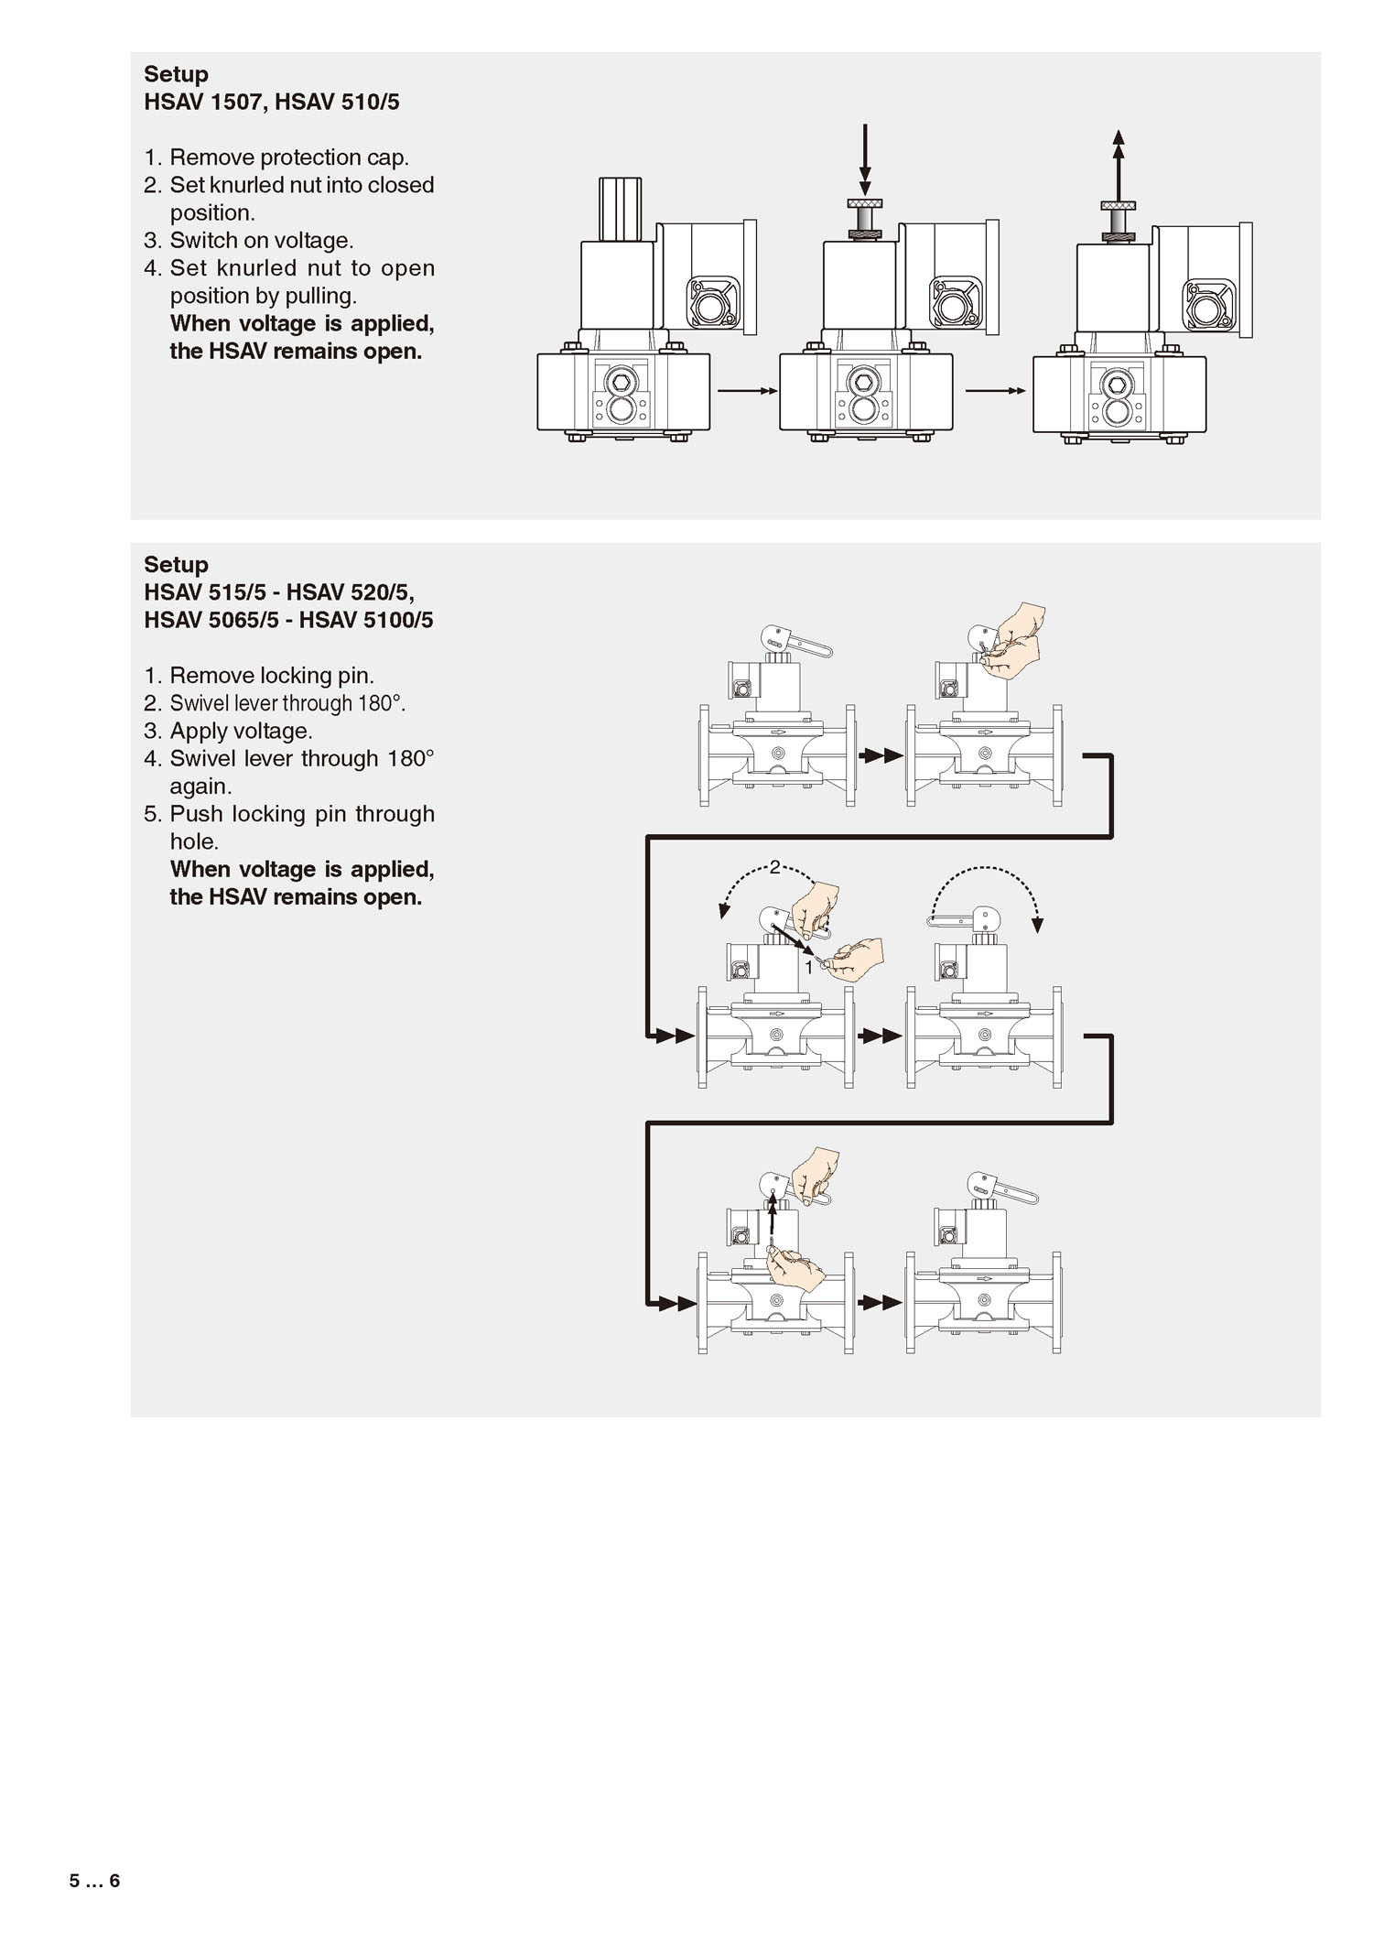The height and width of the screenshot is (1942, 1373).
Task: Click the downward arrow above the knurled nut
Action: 865,159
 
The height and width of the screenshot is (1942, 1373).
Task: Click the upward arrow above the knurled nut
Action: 1118,165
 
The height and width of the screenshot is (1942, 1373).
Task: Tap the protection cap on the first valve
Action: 620,208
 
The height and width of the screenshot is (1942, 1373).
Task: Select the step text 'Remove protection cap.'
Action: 289,157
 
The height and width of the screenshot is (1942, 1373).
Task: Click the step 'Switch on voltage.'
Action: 262,241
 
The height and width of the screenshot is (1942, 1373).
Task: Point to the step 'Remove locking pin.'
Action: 272,676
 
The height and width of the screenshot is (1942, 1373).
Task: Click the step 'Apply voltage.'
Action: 242,731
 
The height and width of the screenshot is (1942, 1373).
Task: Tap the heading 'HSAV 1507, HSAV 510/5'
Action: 272,102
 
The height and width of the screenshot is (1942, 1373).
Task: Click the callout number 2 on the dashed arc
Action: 774,867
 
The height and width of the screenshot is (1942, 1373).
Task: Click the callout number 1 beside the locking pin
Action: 808,967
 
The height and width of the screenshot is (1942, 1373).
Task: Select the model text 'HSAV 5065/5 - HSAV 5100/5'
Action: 288,620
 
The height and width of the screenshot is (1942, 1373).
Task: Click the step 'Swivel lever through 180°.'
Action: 287,703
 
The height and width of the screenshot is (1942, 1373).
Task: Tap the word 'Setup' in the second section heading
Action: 176,564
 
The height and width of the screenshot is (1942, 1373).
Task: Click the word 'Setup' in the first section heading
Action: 176,74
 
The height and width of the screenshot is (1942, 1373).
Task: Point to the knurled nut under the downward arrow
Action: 864,203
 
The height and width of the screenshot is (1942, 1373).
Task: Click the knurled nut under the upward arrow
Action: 1118,203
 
